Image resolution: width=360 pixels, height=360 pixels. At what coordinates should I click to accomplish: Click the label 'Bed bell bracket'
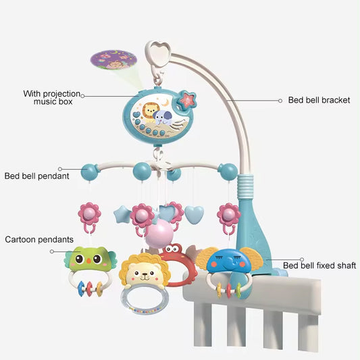point(319,100)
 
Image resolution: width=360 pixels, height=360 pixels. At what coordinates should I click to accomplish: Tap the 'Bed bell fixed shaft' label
point(319,265)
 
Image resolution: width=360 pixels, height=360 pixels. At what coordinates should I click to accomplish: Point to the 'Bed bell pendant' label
point(36,176)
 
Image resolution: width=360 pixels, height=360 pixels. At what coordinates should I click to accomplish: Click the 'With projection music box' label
point(53,97)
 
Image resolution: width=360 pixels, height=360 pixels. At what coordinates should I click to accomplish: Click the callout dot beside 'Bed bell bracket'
point(280,100)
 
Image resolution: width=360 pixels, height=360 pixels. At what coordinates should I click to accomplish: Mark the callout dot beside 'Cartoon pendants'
point(53,250)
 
